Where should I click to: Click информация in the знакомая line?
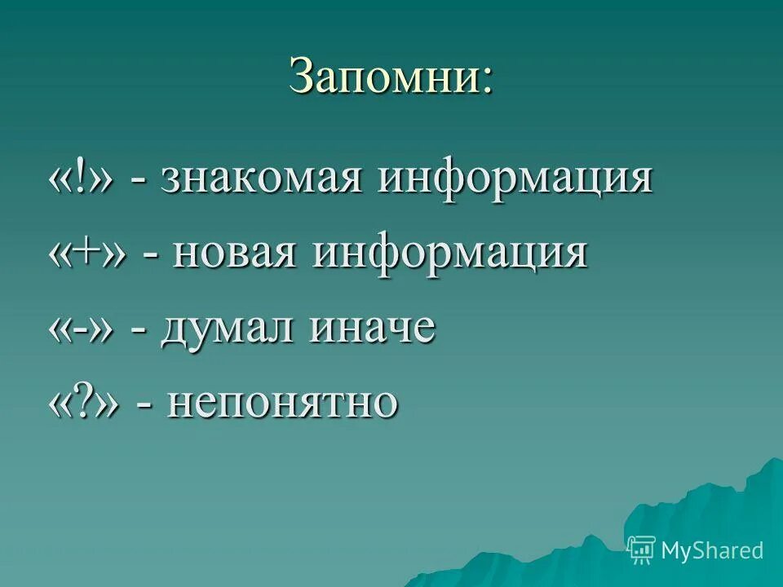tap(515, 180)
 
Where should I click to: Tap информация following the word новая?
tap(449, 254)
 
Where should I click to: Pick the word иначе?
tap(370, 329)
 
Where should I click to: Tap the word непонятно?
tap(283, 403)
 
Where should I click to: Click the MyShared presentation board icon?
tap(642, 550)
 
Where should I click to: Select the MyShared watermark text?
tap(712, 551)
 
